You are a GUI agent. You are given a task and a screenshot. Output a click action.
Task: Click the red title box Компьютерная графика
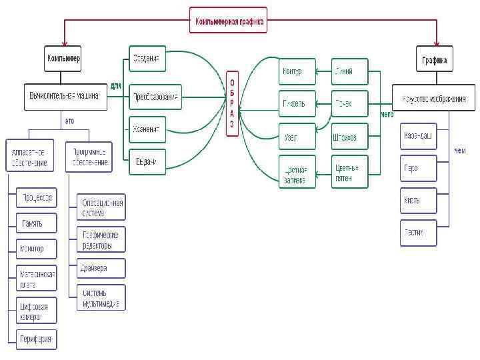coord(229,21)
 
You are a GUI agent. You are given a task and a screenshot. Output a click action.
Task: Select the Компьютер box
coord(63,59)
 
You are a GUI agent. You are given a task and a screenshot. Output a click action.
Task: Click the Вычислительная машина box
coord(64,97)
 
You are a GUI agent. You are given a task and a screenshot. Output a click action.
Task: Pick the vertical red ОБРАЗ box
coord(231,103)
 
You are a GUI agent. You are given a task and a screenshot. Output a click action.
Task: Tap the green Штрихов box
coord(349,137)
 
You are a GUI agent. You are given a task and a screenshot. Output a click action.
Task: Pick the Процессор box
coord(37,198)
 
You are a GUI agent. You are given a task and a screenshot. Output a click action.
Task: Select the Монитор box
coord(37,249)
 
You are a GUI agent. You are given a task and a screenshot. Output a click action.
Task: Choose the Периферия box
coord(37,338)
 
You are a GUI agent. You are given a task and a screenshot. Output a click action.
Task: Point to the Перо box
coord(418,168)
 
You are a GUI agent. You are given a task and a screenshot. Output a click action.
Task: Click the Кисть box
coord(418,200)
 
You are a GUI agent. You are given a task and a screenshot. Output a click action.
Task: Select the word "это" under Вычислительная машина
coord(69,121)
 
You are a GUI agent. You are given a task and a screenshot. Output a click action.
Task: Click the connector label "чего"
coord(386,115)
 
